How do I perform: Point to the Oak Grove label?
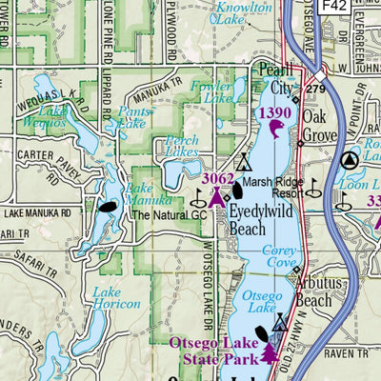(320, 126)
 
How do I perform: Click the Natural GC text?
(169, 215)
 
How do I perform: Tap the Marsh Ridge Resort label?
(271, 186)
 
